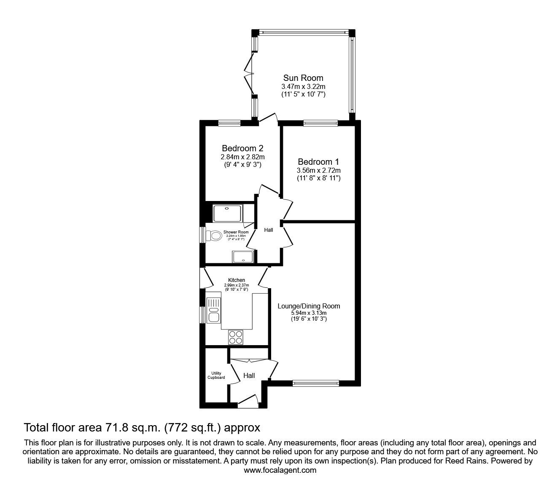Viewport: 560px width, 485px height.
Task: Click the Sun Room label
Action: tap(303, 78)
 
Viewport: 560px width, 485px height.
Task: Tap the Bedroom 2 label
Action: tap(242, 148)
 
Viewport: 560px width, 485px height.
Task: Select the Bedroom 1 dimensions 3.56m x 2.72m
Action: tap(318, 171)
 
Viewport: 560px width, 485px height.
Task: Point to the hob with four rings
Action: tap(236, 337)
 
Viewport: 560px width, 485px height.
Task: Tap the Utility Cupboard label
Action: tap(216, 375)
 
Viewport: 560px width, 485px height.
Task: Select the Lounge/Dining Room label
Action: tap(308, 306)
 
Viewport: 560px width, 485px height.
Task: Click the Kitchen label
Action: tap(236, 280)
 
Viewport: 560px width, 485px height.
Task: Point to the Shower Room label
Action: tap(236, 232)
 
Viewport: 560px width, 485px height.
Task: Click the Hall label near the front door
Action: tap(249, 376)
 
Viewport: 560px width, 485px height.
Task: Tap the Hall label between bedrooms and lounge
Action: tap(269, 230)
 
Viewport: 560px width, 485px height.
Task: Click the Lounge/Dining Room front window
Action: tap(316, 383)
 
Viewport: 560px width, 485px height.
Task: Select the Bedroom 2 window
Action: tap(229, 123)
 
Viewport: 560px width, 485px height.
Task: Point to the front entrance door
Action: tap(248, 401)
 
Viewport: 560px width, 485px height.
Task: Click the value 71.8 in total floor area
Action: tap(116, 428)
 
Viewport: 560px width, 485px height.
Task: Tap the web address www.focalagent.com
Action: tap(280, 470)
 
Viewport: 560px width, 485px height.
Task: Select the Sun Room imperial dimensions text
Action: tap(303, 94)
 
